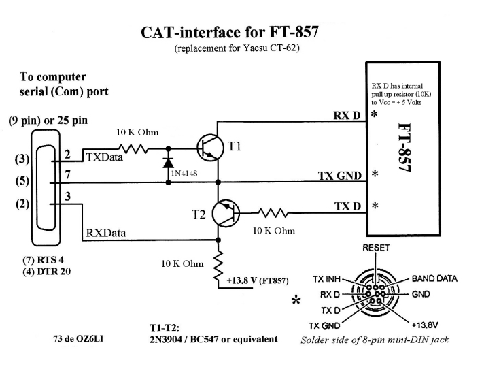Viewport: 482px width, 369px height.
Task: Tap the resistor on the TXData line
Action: (x=133, y=146)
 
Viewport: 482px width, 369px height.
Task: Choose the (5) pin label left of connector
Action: (x=21, y=182)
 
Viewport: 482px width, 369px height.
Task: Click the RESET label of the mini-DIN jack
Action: (x=376, y=248)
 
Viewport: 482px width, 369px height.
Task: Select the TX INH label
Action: (x=327, y=279)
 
